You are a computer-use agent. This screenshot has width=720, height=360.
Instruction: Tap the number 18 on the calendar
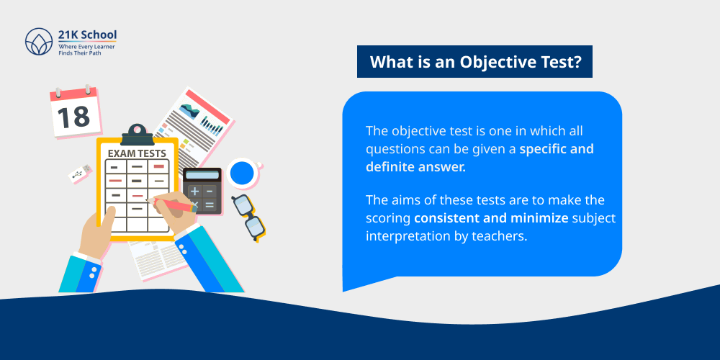tap(73, 116)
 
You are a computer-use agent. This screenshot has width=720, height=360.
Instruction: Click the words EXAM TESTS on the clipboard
tap(137, 153)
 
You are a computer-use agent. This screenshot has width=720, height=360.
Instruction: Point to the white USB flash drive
tap(80, 173)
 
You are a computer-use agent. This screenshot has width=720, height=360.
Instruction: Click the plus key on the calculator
tap(194, 191)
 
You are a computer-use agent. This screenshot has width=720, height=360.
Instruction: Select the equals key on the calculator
tap(210, 205)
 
